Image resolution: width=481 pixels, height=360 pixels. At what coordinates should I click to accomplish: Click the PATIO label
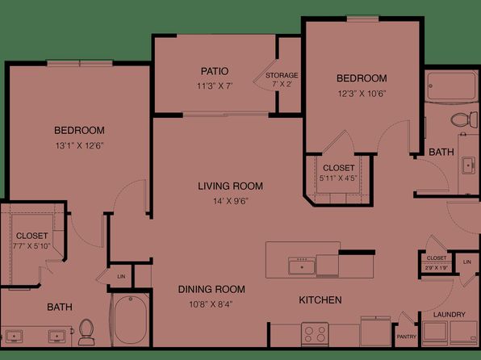tap(215, 71)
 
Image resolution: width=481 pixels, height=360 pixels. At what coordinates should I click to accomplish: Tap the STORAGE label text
tap(282, 75)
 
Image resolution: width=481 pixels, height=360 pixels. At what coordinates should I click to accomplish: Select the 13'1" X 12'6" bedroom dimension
tap(79, 145)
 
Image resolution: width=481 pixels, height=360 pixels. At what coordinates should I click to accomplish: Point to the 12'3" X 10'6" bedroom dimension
tap(362, 94)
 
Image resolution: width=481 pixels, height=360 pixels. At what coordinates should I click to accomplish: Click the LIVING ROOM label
tap(230, 186)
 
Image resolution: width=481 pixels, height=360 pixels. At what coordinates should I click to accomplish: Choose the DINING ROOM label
tap(211, 289)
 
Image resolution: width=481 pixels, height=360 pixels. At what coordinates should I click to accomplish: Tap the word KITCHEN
tap(320, 299)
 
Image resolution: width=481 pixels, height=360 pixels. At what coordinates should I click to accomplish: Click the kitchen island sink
tap(302, 266)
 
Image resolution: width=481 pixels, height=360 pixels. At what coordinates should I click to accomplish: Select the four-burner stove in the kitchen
tap(315, 334)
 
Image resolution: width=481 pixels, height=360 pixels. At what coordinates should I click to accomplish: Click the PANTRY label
tap(407, 337)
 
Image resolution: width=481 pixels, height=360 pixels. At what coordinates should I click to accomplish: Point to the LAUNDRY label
tap(449, 315)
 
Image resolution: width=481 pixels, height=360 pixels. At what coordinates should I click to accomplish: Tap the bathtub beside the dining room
tap(131, 320)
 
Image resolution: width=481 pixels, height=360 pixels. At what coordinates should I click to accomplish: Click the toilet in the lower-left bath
tap(86, 332)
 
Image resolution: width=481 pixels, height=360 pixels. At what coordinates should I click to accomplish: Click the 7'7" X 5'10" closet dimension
tap(32, 246)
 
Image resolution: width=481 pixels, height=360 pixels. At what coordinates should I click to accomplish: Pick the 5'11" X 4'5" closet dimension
tap(338, 178)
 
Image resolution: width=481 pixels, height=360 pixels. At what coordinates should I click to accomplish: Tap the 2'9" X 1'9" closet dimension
tap(437, 268)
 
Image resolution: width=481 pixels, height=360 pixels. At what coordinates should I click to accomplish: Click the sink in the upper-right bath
tap(468, 165)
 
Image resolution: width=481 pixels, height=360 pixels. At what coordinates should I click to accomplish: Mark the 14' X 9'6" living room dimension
tap(231, 201)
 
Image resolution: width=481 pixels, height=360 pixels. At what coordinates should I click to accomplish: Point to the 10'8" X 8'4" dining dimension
tap(211, 304)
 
